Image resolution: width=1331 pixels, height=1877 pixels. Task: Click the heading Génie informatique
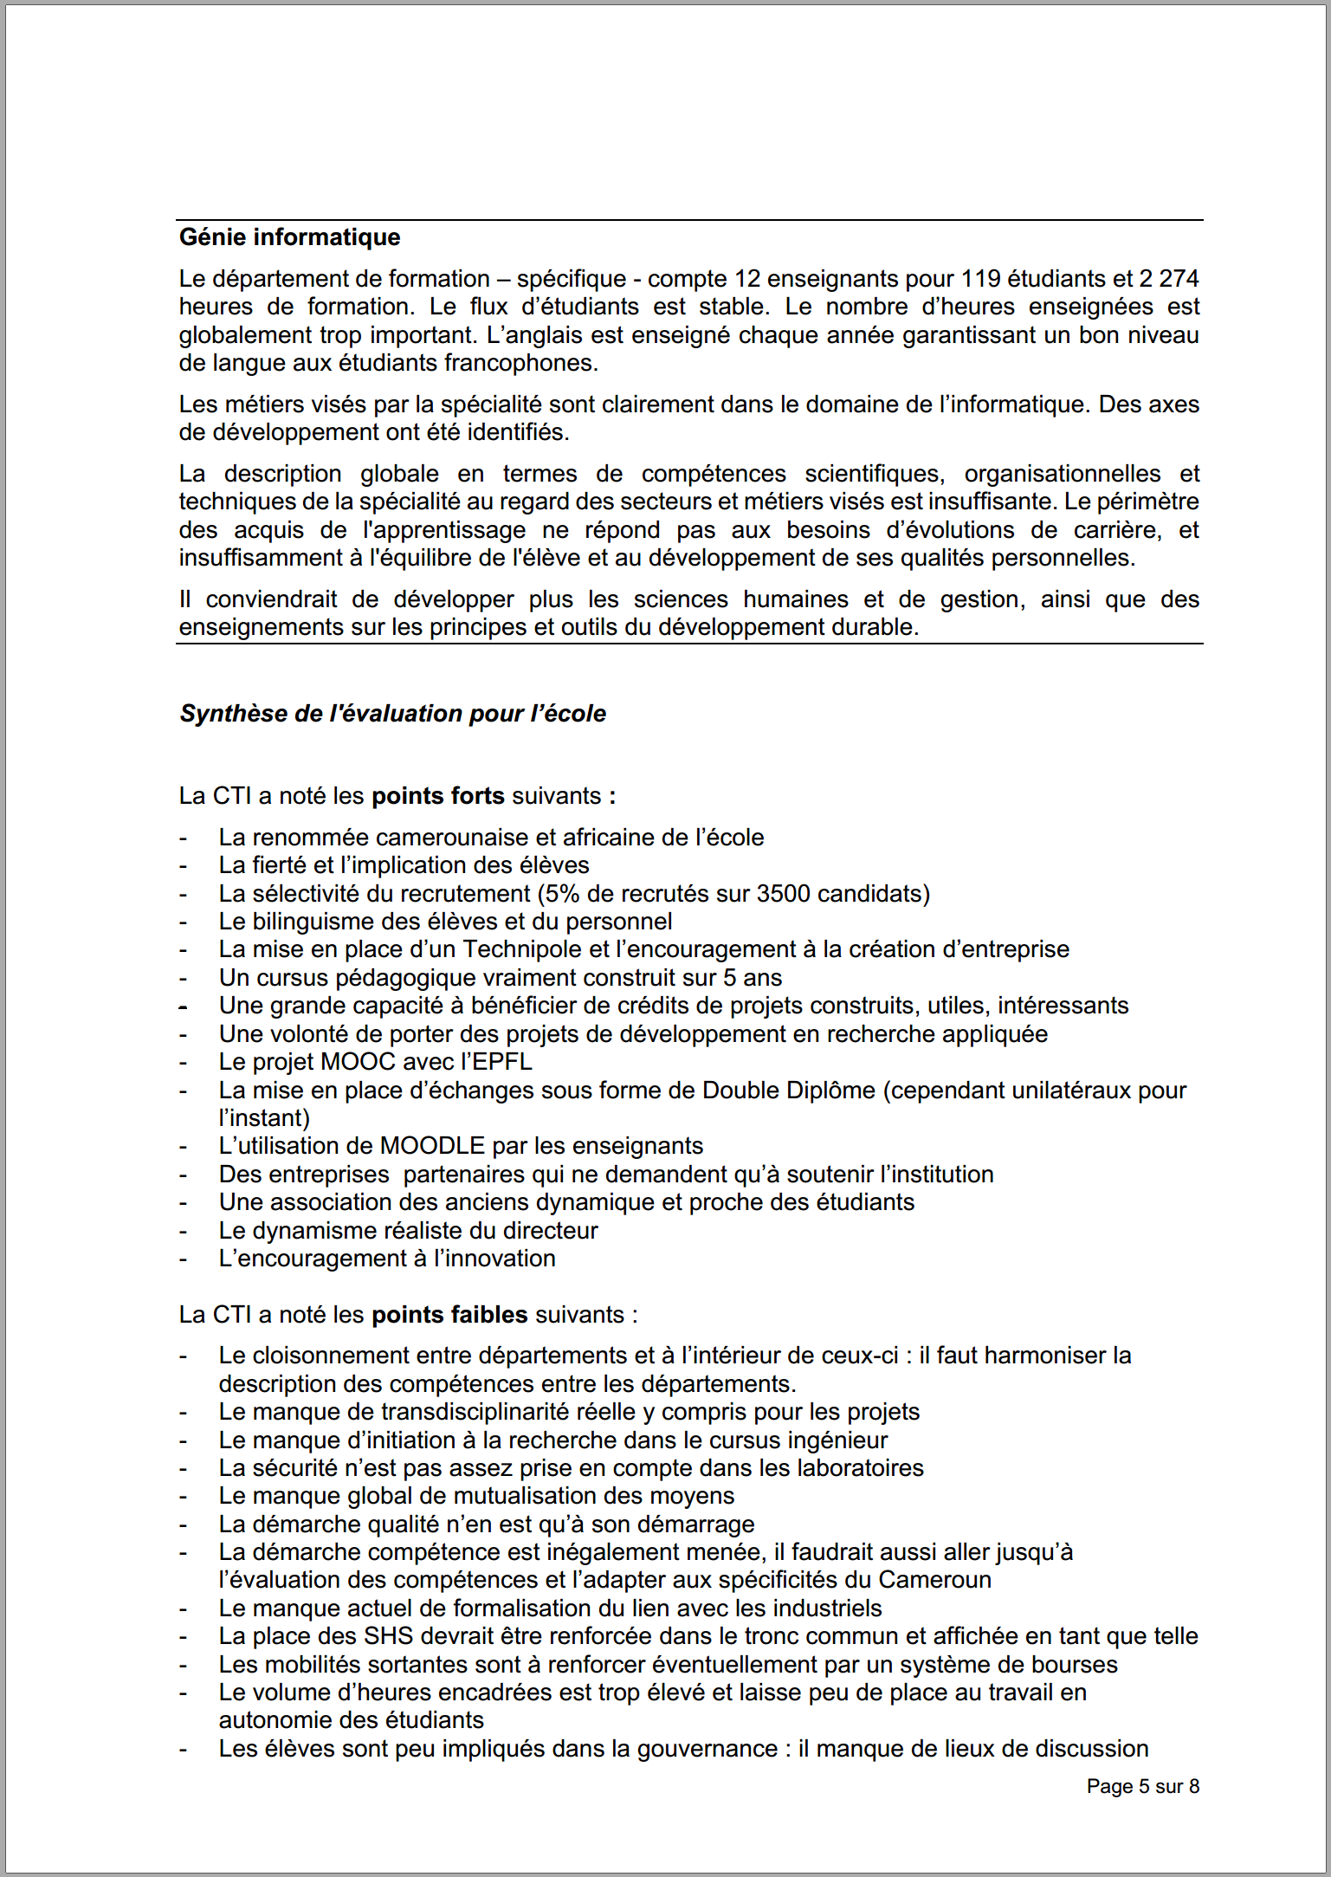[x=289, y=237]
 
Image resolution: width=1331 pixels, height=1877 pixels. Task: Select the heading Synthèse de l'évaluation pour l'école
[x=392, y=714]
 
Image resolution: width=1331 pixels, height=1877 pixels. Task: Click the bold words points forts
[x=437, y=796]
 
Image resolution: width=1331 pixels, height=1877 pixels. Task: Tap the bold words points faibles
[x=449, y=1315]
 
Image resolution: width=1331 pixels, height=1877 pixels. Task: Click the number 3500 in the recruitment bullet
[x=783, y=894]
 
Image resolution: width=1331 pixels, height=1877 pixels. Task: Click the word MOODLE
[x=432, y=1146]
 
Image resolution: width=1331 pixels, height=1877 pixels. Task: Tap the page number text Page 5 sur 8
[x=1142, y=1786]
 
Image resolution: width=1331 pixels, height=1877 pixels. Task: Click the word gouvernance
[x=707, y=1749]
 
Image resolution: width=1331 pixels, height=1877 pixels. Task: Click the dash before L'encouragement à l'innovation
[x=183, y=1259]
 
